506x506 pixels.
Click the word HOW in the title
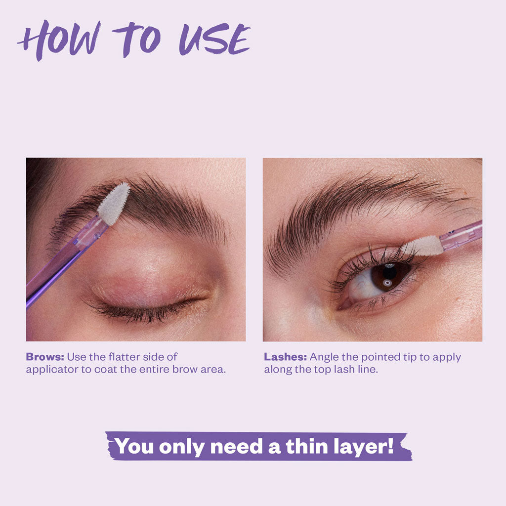pyautogui.click(x=58, y=40)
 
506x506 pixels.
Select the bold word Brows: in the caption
pyautogui.click(x=45, y=357)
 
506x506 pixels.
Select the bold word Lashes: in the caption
pyautogui.click(x=286, y=357)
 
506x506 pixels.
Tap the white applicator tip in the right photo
pyautogui.click(x=422, y=246)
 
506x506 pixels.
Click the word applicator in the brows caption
pyautogui.click(x=52, y=370)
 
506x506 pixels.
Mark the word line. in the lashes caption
pyautogui.click(x=367, y=370)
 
